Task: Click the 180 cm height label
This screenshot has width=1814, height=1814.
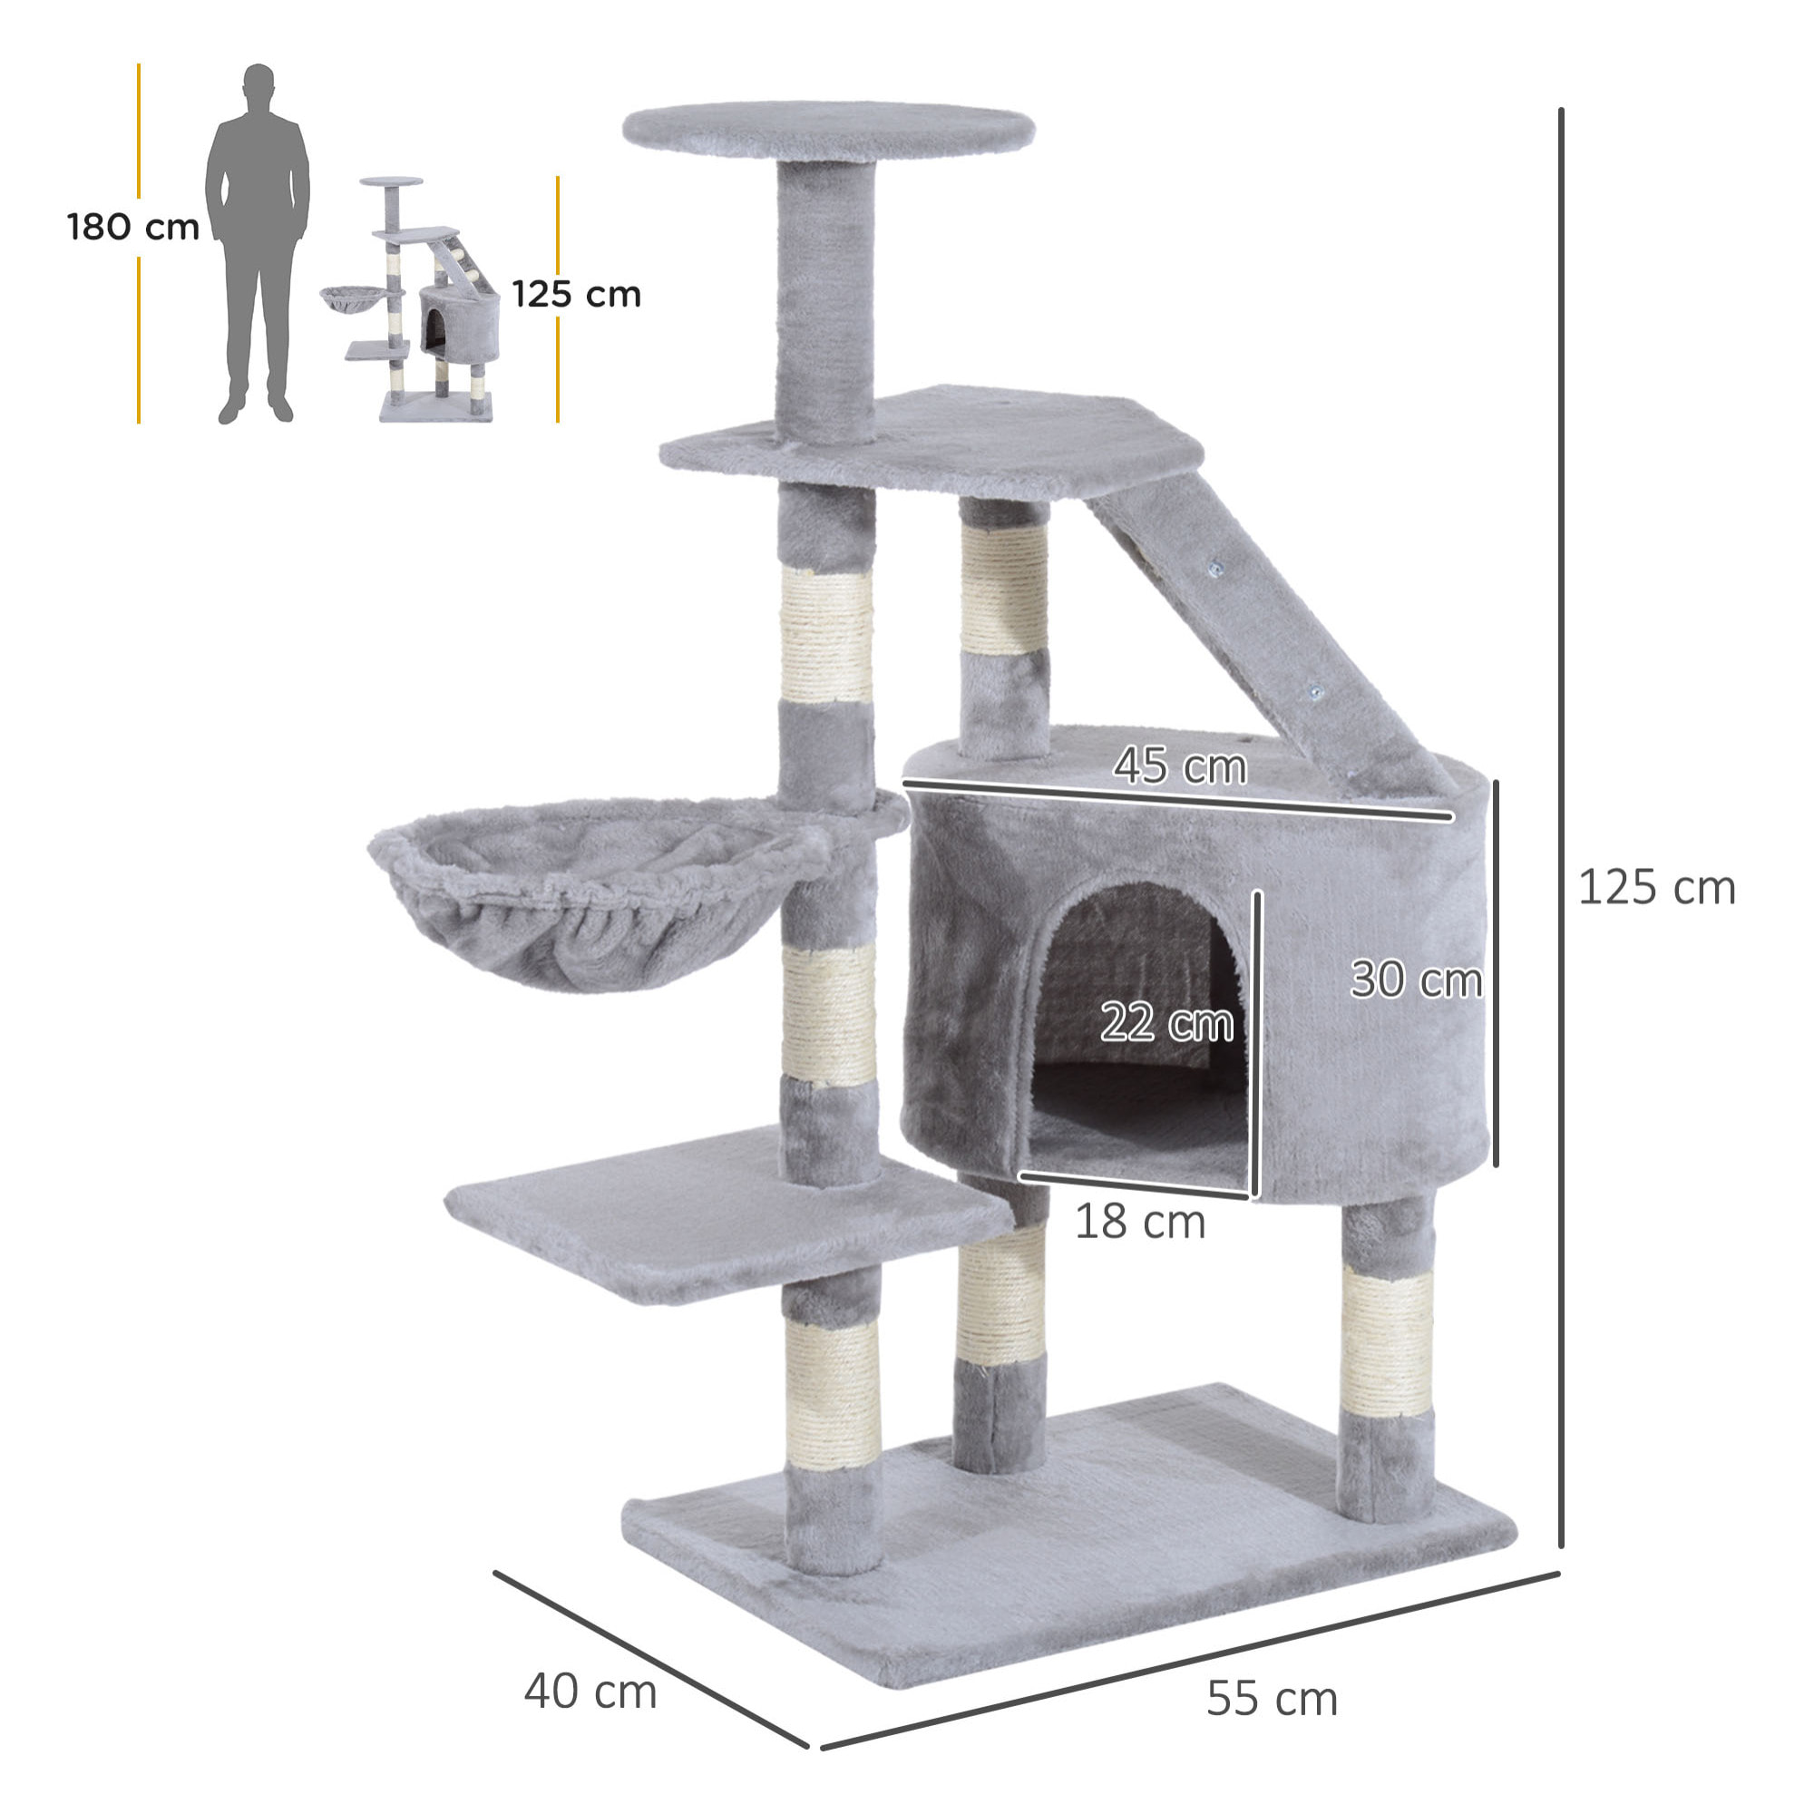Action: (133, 228)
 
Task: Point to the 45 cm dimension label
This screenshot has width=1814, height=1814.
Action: (1180, 766)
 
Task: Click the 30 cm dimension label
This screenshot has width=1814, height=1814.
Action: (1415, 980)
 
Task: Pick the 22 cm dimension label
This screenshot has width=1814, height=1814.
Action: (1166, 1021)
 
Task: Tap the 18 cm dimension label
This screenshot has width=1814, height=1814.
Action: (1139, 1222)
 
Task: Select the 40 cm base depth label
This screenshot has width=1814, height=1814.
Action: (590, 1691)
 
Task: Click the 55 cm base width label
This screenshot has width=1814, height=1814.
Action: (1272, 1698)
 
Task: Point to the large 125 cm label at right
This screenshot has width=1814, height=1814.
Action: (1656, 887)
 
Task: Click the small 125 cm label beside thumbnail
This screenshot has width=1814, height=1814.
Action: (577, 294)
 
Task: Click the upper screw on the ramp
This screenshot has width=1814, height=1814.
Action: (1216, 567)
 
